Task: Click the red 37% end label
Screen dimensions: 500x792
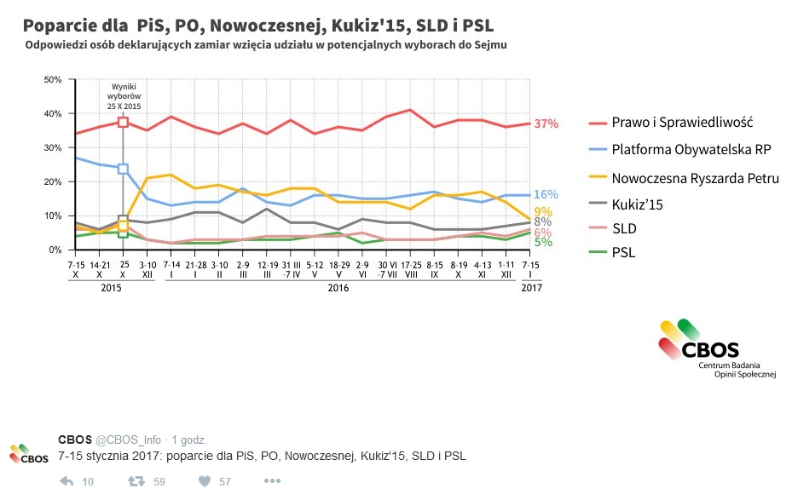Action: pyautogui.click(x=546, y=124)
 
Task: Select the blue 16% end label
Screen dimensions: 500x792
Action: pyautogui.click(x=546, y=194)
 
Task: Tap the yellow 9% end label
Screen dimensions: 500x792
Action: pyautogui.click(x=542, y=212)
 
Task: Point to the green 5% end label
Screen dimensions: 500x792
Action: pyautogui.click(x=542, y=242)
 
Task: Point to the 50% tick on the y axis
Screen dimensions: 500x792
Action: pyautogui.click(x=52, y=80)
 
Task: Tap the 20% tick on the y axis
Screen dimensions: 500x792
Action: pyautogui.click(x=52, y=182)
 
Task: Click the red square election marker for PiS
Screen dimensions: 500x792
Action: pyautogui.click(x=123, y=123)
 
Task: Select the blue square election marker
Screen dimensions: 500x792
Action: pyautogui.click(x=123, y=169)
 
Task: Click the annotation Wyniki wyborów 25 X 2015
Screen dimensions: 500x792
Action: pyautogui.click(x=124, y=96)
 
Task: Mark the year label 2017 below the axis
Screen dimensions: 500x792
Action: pyautogui.click(x=530, y=288)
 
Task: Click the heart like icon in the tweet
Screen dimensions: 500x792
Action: pyautogui.click(x=205, y=481)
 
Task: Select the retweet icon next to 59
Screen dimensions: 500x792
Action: pyautogui.click(x=135, y=481)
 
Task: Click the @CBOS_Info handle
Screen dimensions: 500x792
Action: pyautogui.click(x=128, y=440)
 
